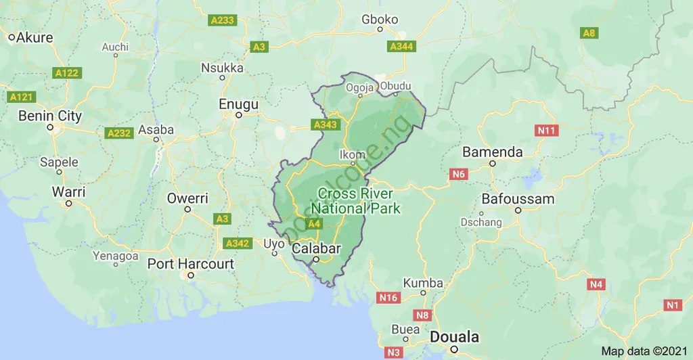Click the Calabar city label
(316, 248)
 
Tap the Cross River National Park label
(359, 201)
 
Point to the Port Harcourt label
(190, 264)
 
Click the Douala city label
(454, 337)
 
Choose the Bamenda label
(492, 152)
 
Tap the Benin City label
(50, 116)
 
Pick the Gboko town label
(380, 20)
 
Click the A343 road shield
(324, 125)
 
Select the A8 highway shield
(589, 32)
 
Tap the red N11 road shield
(545, 130)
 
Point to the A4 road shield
(313, 224)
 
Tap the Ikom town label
(352, 154)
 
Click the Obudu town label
(395, 86)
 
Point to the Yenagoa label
(116, 256)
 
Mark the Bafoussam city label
(518, 199)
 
